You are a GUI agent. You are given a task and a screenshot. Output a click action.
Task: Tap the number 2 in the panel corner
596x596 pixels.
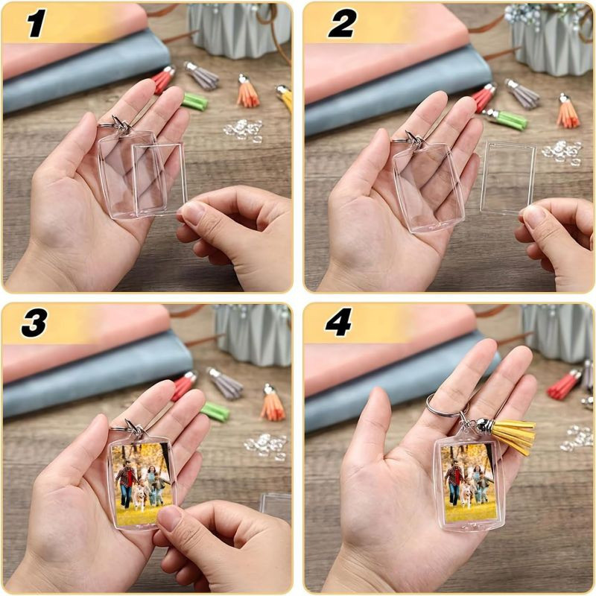tap(342, 24)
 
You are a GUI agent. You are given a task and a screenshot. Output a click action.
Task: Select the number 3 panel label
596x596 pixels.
tap(34, 323)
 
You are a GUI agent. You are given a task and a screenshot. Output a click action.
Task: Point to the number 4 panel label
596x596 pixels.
tap(339, 323)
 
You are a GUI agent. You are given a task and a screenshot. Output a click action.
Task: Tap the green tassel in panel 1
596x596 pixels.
tap(194, 101)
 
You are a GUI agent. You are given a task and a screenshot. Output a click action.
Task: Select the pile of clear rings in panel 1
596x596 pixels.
tap(244, 130)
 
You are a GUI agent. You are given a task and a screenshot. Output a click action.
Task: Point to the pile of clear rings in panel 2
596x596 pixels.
tap(562, 152)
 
